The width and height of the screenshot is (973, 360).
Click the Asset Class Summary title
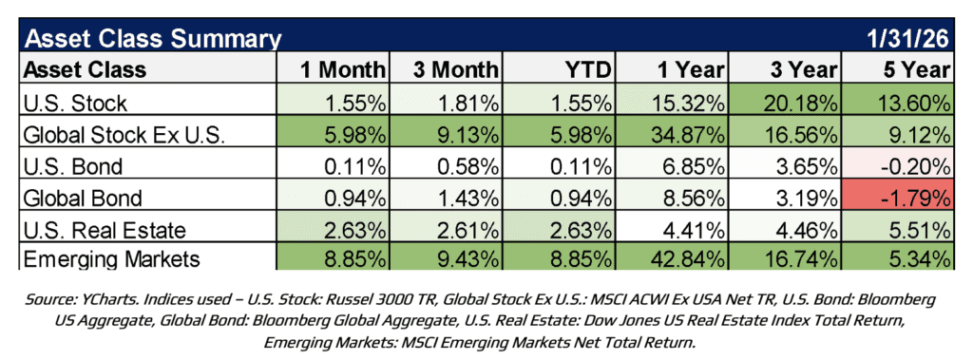[153, 39]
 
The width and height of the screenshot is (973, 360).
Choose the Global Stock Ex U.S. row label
[124, 133]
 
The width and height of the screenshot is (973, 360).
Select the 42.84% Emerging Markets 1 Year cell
[676, 256]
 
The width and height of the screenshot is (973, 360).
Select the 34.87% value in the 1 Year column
[676, 133]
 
